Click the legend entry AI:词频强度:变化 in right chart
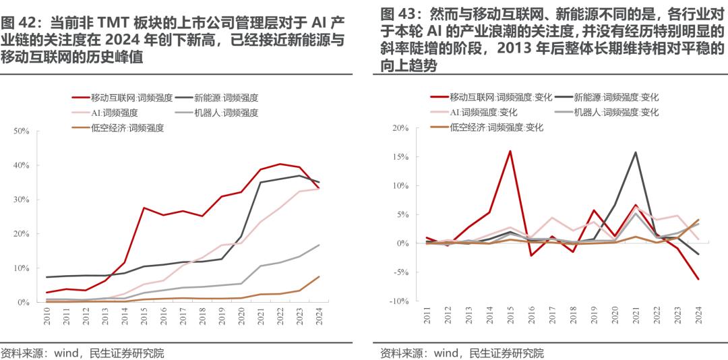[483, 113]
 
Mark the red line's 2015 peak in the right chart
[510, 151]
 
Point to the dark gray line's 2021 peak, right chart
[635, 152]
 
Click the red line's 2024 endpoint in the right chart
[698, 279]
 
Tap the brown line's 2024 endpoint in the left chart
[319, 276]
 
